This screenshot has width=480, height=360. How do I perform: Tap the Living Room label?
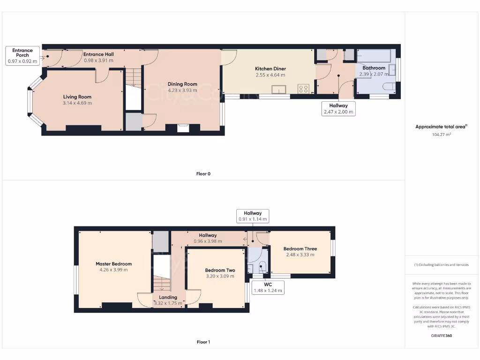click(77, 97)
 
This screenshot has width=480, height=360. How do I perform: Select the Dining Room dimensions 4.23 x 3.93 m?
click(182, 90)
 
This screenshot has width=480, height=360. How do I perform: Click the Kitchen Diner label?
click(270, 68)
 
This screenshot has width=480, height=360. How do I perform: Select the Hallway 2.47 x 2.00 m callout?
click(338, 109)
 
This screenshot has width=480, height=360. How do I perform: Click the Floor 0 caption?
click(203, 174)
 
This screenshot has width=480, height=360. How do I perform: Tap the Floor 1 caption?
click(203, 342)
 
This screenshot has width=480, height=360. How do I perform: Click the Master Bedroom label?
click(113, 264)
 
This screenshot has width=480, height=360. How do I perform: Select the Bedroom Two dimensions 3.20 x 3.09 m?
click(220, 277)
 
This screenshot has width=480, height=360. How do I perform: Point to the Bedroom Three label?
click(300, 249)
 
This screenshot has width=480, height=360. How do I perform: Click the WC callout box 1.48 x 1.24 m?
click(268, 287)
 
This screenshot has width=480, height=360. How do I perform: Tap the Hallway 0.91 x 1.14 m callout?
click(253, 216)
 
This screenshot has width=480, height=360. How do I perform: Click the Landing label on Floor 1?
click(168, 297)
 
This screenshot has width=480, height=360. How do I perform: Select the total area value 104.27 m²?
click(441, 135)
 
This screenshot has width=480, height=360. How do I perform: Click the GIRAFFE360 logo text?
click(441, 336)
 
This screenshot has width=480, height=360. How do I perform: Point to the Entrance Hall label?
click(98, 54)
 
